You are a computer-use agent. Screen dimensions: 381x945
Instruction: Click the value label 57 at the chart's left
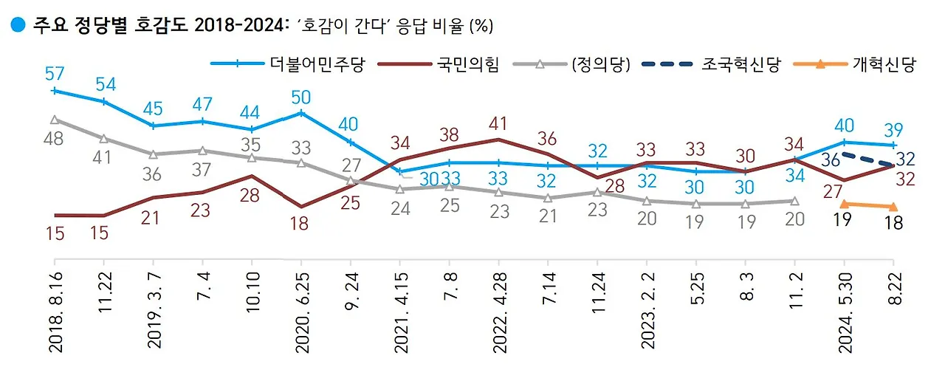coord(55,74)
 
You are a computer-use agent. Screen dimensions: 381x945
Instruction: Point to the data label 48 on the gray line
coord(55,140)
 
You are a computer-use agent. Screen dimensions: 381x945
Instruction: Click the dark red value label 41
coord(500,123)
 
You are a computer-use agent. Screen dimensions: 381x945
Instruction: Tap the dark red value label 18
coord(300,224)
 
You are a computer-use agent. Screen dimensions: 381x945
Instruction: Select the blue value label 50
coord(301,97)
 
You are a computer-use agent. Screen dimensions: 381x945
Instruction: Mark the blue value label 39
coord(893,128)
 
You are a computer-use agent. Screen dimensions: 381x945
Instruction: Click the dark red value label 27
coord(834,192)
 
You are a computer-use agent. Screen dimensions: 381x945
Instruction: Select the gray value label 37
coord(202,169)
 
